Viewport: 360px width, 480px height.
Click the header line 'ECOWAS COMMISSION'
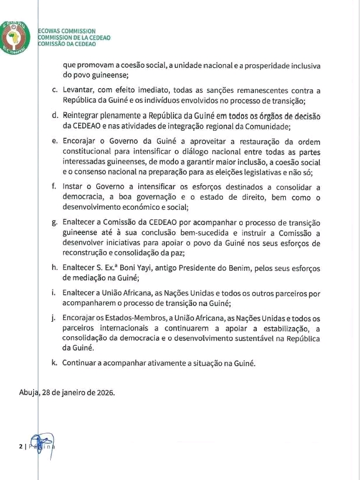click(x=67, y=31)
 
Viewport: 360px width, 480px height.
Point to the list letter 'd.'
click(x=54, y=116)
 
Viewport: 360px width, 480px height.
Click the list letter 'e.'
click(x=54, y=142)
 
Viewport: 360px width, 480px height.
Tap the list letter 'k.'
click(x=54, y=363)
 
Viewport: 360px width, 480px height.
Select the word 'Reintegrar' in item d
click(x=84, y=116)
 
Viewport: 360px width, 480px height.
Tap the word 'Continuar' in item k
click(x=82, y=363)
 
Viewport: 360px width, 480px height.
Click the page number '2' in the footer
click(x=20, y=446)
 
